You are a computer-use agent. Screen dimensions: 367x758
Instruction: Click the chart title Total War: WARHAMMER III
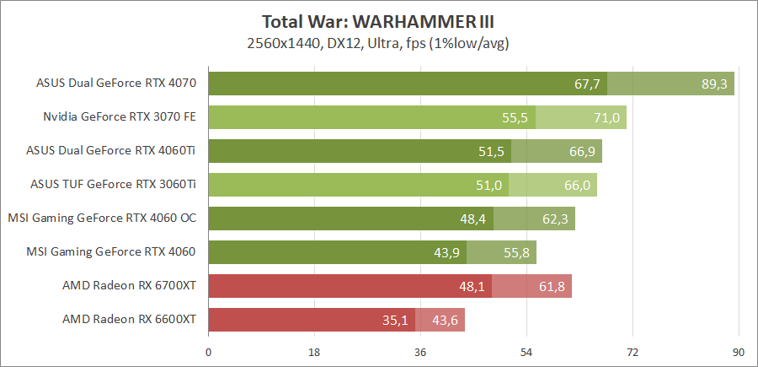[x=378, y=21]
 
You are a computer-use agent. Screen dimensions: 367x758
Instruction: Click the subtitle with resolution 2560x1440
[x=378, y=41]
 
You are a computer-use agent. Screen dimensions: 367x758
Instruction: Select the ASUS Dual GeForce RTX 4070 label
[x=116, y=84]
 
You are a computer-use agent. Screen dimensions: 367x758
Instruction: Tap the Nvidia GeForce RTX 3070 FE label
[x=120, y=117]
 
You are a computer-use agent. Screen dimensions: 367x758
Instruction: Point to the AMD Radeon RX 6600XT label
[x=129, y=319]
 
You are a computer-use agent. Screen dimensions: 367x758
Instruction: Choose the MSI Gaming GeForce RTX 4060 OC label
[x=102, y=218]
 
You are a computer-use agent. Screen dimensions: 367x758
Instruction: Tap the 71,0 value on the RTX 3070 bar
[x=606, y=117]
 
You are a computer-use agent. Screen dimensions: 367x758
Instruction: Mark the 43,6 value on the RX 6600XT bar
[x=445, y=320]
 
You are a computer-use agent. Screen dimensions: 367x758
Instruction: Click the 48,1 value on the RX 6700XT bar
[x=472, y=286]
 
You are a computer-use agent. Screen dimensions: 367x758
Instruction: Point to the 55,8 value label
[x=516, y=252]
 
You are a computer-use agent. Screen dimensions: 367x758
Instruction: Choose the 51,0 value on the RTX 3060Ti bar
[x=488, y=185]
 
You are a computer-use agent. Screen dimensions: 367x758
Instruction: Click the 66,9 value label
[x=581, y=151]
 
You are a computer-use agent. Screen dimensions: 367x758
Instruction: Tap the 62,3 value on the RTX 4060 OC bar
[x=554, y=219]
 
